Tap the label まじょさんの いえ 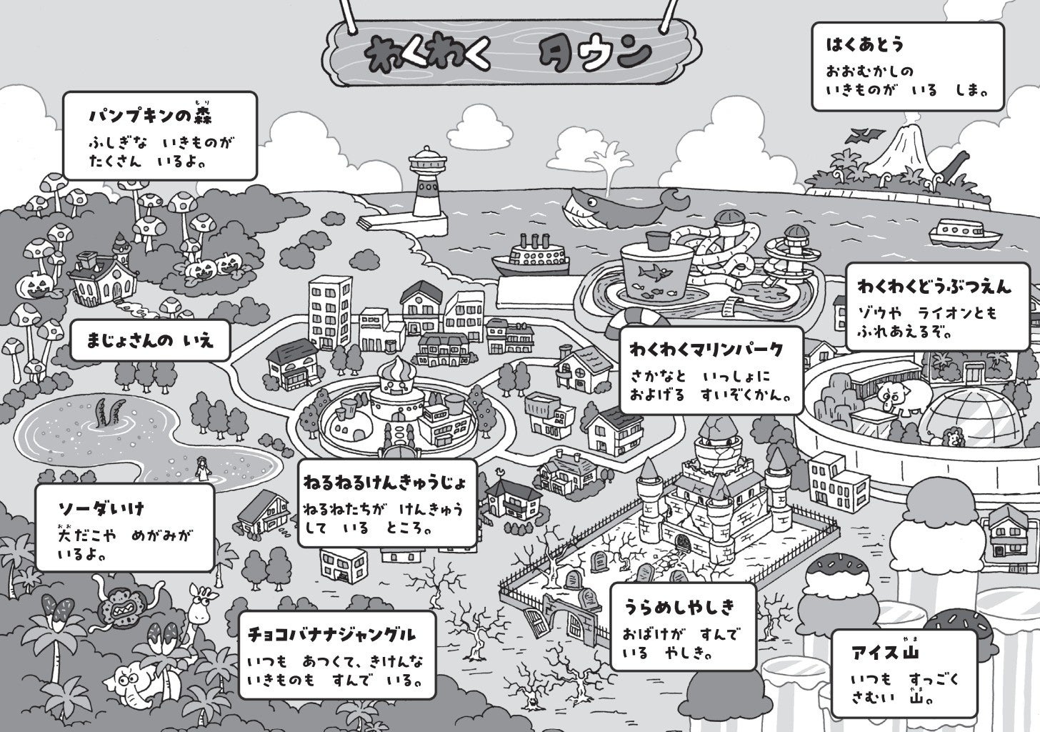pyautogui.click(x=151, y=340)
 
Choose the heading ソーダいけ pyautogui.click(x=101, y=508)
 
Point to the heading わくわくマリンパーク pyautogui.click(x=706, y=350)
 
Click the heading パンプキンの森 pyautogui.click(x=151, y=116)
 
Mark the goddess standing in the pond pyautogui.click(x=202, y=470)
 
